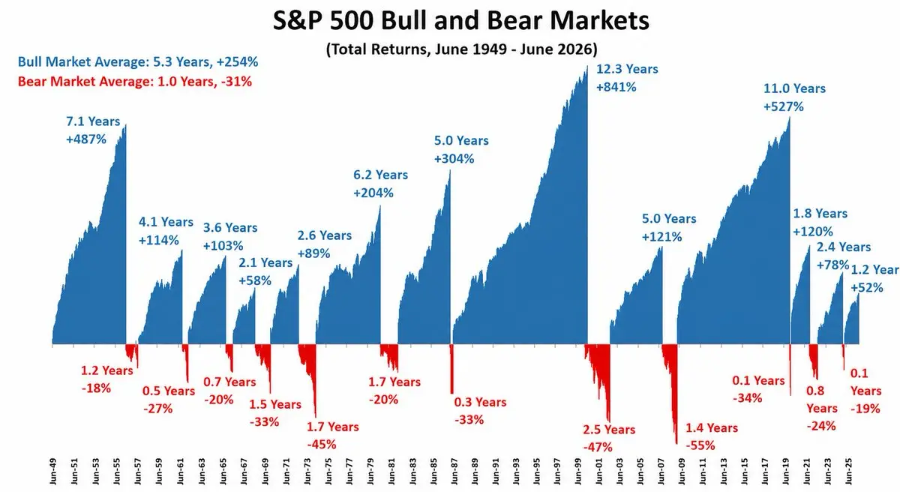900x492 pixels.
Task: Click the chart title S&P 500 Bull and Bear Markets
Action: [x=460, y=21]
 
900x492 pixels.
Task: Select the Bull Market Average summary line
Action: [x=138, y=61]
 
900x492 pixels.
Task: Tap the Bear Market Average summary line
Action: [x=134, y=82]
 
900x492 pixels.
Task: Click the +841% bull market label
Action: [x=616, y=87]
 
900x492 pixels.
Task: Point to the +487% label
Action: [x=86, y=139]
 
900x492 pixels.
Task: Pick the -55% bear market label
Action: [x=700, y=445]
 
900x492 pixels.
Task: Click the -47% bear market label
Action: [x=598, y=447]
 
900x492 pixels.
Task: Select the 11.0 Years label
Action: [x=794, y=88]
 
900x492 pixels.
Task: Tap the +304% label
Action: [x=454, y=159]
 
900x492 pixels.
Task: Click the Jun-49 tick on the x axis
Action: [x=53, y=471]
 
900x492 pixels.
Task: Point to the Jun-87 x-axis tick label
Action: [x=454, y=471]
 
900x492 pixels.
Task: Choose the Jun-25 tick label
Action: [x=848, y=471]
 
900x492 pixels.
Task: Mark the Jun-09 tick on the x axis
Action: [x=682, y=471]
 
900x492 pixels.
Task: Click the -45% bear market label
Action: [x=322, y=445]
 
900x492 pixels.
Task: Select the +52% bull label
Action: [x=867, y=287]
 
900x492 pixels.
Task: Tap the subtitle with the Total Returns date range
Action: [x=462, y=49]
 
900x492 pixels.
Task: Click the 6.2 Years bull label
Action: [x=380, y=175]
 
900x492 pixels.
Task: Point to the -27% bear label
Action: [x=157, y=409]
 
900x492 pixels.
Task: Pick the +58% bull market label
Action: [x=255, y=280]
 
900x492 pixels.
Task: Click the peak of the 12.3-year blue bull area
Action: [x=587, y=66]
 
